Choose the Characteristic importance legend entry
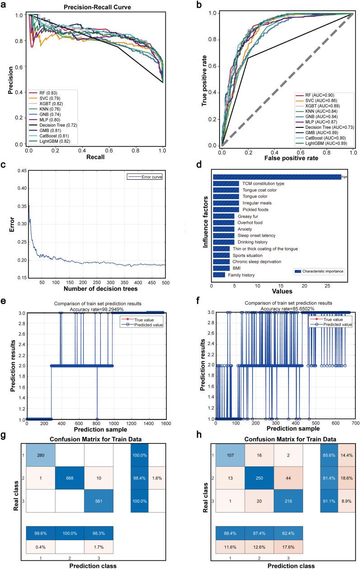322,271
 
